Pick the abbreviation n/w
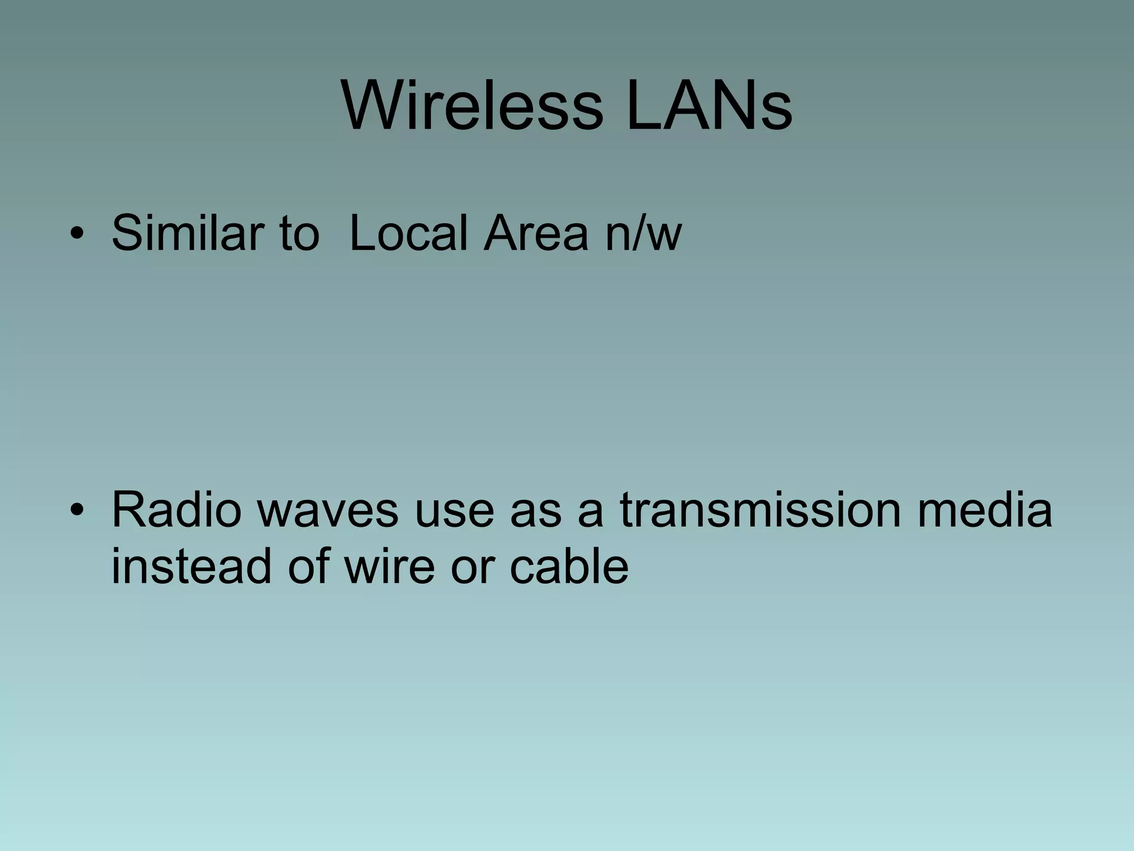643,233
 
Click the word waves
328,510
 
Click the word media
984,510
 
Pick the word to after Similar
299,233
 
